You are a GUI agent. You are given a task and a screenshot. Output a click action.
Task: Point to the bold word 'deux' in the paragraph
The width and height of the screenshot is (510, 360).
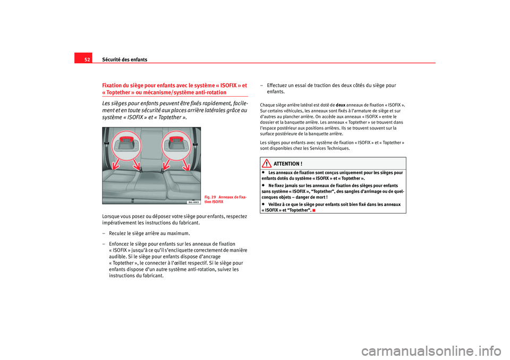click(x=341, y=105)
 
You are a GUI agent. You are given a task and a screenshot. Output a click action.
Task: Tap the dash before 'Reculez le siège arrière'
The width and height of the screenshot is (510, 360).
click(x=104, y=233)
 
